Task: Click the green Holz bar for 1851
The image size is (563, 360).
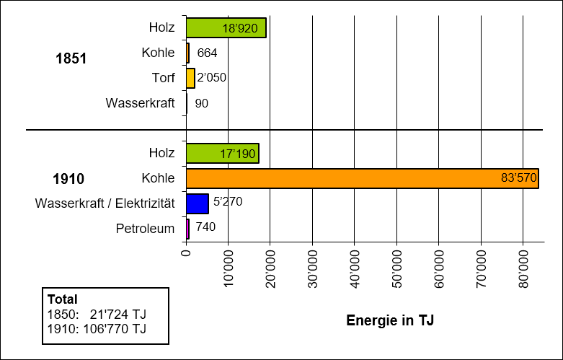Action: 226,28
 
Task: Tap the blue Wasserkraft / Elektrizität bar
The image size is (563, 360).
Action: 197,203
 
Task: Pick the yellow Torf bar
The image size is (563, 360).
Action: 190,78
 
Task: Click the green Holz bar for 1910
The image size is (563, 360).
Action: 222,154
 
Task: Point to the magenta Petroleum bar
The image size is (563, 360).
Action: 187,229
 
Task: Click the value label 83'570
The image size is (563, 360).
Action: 518,178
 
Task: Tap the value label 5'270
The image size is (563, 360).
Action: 228,201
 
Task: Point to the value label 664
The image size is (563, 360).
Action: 207,53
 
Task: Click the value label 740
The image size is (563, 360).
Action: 205,227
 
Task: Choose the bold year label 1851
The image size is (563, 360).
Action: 71,59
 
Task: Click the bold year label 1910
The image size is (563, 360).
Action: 68,179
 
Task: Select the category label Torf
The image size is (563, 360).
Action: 163,78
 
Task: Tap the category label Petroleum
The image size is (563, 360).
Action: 145,229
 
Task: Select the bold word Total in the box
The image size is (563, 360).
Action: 62,299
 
